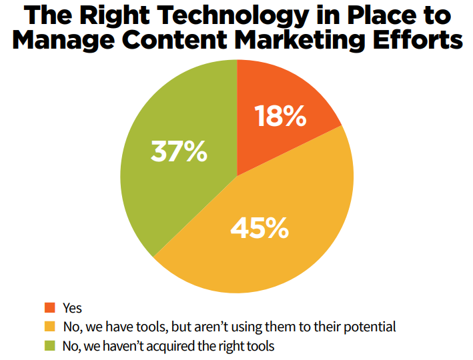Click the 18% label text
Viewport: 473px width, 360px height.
tap(281, 117)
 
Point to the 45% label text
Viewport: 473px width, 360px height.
tap(260, 228)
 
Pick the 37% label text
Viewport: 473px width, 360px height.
tap(179, 152)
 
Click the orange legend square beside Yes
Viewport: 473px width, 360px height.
tap(49, 308)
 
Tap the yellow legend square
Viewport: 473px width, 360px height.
tap(49, 327)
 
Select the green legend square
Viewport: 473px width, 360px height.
tap(49, 346)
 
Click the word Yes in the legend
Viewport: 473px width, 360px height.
tap(72, 308)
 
